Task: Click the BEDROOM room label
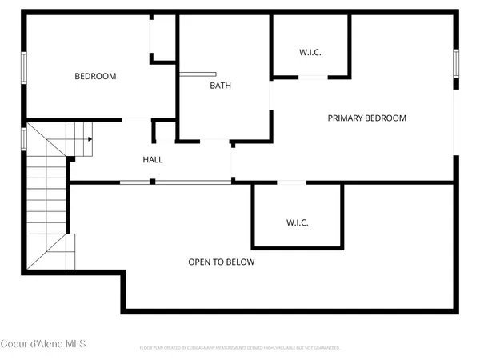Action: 95,77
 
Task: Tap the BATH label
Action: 221,86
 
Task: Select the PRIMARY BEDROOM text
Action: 366,118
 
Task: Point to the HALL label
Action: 153,160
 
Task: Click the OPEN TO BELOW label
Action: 222,262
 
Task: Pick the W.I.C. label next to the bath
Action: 310,53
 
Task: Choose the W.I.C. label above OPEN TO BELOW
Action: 297,222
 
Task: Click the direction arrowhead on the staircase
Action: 90,139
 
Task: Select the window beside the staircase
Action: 24,138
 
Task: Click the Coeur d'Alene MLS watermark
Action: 43,344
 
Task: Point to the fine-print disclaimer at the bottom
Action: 240,348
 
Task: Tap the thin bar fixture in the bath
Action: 192,74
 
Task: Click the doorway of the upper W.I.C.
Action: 313,77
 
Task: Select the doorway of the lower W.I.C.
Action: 291,182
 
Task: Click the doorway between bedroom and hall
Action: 137,120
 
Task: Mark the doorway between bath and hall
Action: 214,142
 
